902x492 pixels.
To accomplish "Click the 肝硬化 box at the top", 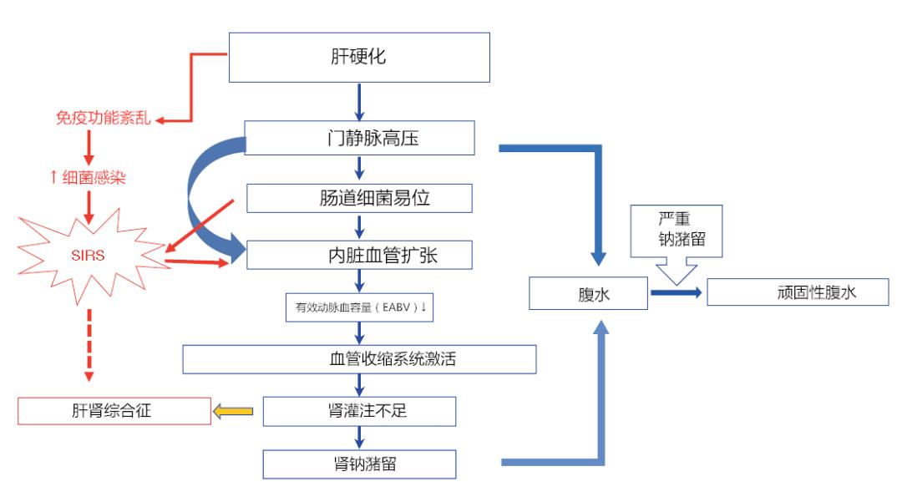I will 359,58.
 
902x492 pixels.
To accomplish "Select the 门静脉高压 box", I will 359,138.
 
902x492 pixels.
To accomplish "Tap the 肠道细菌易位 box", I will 359,198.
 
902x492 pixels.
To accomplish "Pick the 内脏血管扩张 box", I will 359,256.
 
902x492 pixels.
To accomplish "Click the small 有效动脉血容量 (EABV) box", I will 359,307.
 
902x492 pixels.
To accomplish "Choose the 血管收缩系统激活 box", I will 359,359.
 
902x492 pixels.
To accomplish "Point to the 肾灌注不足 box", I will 359,411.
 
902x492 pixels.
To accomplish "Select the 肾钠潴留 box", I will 359,464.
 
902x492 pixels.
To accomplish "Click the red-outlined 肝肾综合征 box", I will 115,411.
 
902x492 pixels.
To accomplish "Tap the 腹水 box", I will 590,293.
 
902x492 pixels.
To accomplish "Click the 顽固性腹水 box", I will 798,292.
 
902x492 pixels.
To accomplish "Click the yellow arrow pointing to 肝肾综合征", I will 235,411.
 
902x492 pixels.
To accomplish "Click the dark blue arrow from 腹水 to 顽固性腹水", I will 676,292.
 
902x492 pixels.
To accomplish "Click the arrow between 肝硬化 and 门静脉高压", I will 359,102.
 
